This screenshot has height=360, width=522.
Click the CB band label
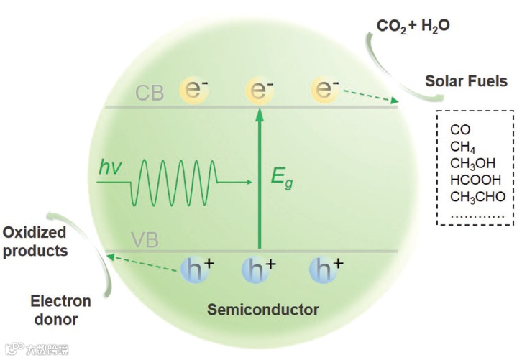(150, 93)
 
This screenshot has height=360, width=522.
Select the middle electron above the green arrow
(259, 90)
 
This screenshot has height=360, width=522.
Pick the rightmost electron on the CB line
(324, 90)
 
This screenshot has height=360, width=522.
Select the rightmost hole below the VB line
(323, 269)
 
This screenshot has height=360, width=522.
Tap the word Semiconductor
(262, 310)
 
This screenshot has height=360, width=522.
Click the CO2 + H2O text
(413, 27)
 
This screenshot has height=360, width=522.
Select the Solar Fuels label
(466, 81)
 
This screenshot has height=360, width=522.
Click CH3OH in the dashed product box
(473, 164)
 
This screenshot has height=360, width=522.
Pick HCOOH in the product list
(475, 180)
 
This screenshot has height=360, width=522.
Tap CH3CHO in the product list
(477, 196)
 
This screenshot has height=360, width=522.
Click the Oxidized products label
(35, 241)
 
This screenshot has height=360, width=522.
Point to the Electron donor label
(60, 310)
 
